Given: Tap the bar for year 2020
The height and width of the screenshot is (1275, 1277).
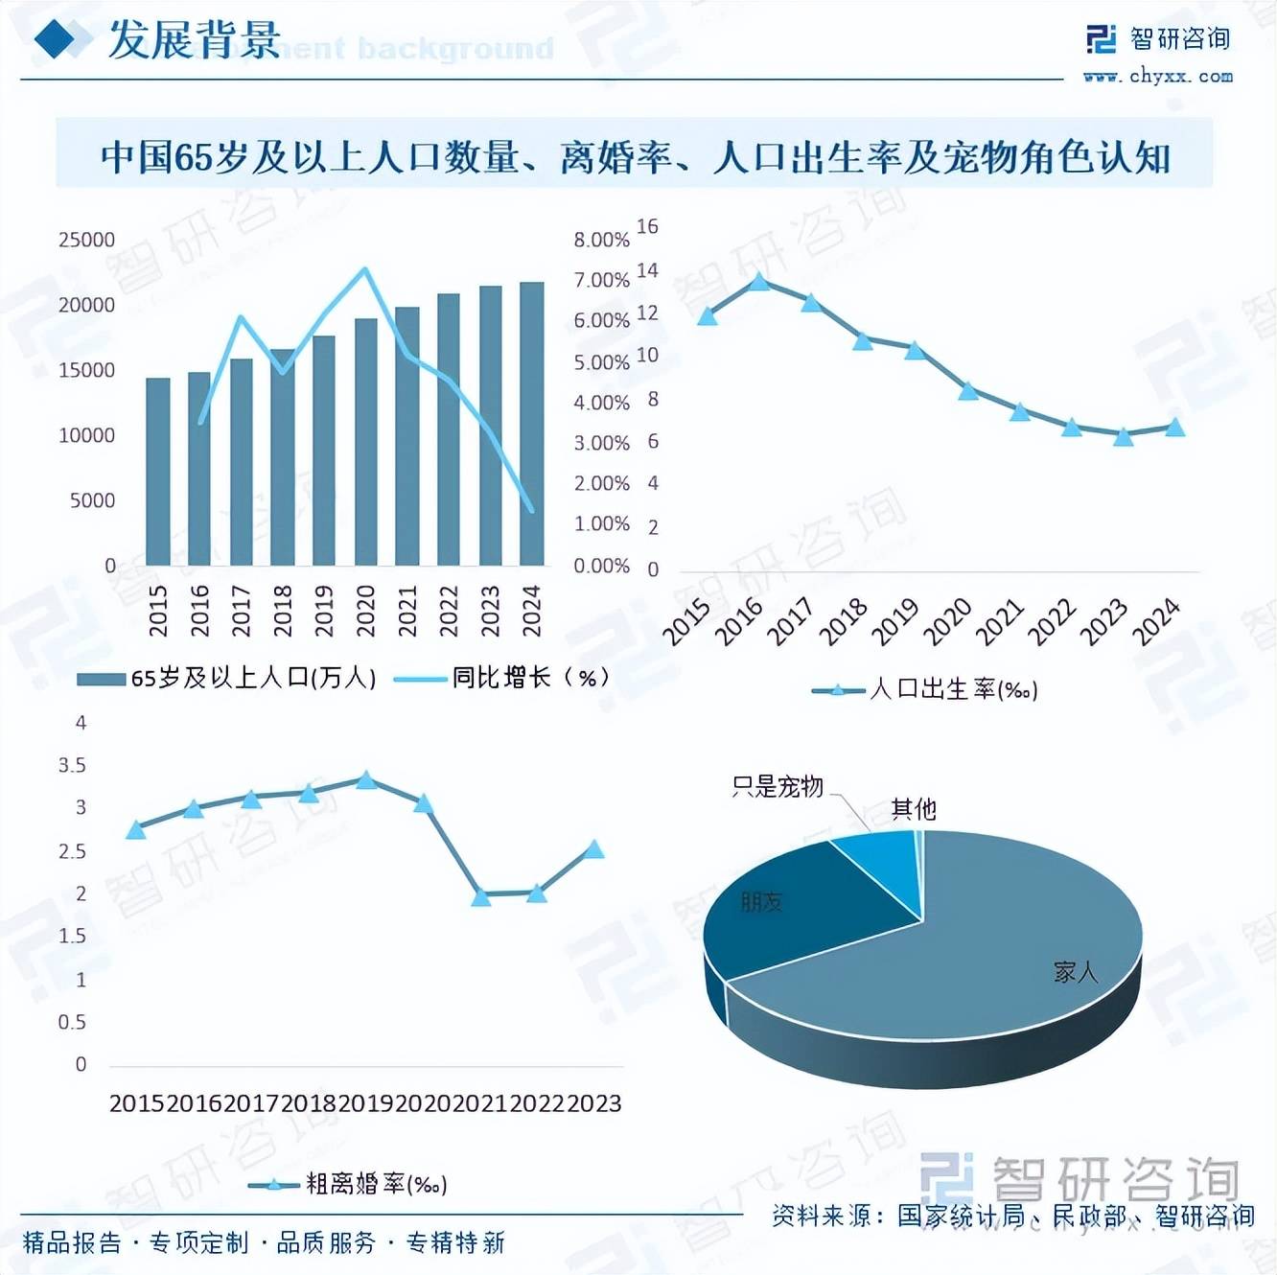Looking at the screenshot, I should point(365,442).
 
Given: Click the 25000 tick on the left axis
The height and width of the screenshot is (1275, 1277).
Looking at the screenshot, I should point(86,240).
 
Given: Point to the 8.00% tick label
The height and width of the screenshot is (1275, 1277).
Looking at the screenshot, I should point(601,240).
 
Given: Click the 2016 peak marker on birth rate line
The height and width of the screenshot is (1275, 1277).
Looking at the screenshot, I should point(759,281).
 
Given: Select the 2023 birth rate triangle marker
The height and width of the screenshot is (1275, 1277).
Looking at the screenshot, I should point(1124,436).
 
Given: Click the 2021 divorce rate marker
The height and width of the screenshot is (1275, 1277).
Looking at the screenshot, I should point(481,897).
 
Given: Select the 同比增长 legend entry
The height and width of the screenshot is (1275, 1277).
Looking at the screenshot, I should point(529,678).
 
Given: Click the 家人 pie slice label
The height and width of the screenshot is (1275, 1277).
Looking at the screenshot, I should point(1075,972).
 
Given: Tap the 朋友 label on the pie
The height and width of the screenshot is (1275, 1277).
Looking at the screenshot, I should point(761,901).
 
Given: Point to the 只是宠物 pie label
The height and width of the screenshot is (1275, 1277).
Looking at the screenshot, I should point(778,787).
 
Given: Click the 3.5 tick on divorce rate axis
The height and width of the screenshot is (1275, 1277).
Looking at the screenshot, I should point(72,765).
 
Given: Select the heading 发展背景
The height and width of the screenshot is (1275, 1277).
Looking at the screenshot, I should point(194,40).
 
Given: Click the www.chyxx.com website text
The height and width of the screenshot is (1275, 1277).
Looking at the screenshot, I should point(1157,76).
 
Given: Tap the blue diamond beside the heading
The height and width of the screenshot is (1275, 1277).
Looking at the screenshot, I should point(56,39).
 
